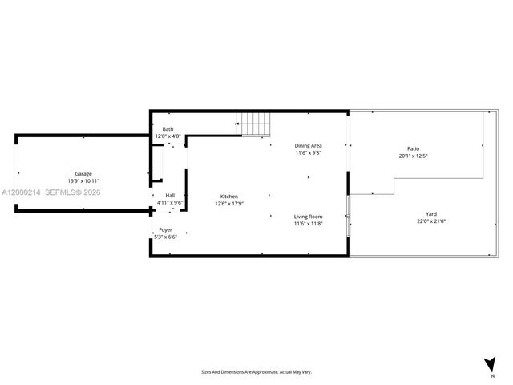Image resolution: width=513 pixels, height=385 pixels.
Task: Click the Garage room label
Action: tap(83, 174)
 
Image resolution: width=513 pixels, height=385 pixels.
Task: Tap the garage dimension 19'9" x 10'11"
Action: tap(83, 181)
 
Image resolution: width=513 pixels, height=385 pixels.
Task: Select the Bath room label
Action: tap(168, 129)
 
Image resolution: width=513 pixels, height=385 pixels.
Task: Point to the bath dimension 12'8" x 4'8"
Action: tap(168, 136)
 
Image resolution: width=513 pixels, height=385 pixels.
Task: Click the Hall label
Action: tap(170, 196)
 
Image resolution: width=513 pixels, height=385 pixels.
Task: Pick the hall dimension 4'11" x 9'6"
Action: tap(170, 203)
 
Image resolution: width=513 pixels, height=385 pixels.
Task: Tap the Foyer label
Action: tap(165, 229)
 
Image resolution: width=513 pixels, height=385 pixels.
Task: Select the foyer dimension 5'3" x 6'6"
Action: tap(165, 237)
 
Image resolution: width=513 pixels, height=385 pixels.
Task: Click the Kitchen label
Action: tap(229, 197)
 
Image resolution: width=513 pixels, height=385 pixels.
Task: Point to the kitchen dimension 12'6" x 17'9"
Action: tap(229, 204)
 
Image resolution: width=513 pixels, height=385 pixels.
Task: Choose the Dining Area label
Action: tap(308, 145)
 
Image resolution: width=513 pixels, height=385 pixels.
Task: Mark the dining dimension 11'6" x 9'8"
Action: tap(308, 152)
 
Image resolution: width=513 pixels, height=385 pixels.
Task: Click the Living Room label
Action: tap(308, 217)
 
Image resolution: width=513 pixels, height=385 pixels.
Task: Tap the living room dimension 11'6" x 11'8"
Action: tap(308, 224)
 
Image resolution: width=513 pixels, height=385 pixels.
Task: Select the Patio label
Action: tap(414, 148)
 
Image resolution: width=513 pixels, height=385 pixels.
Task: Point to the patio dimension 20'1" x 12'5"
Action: tap(414, 156)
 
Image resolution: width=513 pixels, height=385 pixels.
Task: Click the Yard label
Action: tap(431, 214)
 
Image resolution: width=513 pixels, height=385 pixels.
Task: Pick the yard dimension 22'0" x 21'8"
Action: tap(431, 221)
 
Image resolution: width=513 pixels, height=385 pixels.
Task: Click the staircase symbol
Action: tap(256, 125)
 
